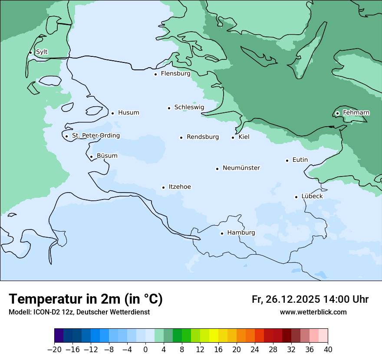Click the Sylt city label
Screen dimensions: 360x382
42,52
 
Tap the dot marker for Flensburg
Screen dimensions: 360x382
155,74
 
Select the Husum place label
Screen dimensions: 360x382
128,113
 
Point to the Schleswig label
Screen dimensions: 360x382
189,107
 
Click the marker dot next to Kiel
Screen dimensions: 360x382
233,138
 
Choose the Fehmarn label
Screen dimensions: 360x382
356,113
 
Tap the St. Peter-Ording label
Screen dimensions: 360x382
95,136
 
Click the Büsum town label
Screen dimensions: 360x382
107,156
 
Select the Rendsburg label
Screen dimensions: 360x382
202,137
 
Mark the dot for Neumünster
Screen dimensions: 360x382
217,169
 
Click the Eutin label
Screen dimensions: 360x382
300,160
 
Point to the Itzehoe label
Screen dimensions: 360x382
180,187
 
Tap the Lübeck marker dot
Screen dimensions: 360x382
296,197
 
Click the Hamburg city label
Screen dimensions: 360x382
241,233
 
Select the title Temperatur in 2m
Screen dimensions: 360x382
86,299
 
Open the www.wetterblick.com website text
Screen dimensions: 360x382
313,312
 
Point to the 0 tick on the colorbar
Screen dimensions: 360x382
145,349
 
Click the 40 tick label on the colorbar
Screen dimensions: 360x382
328,349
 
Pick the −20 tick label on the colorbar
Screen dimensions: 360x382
54,349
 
